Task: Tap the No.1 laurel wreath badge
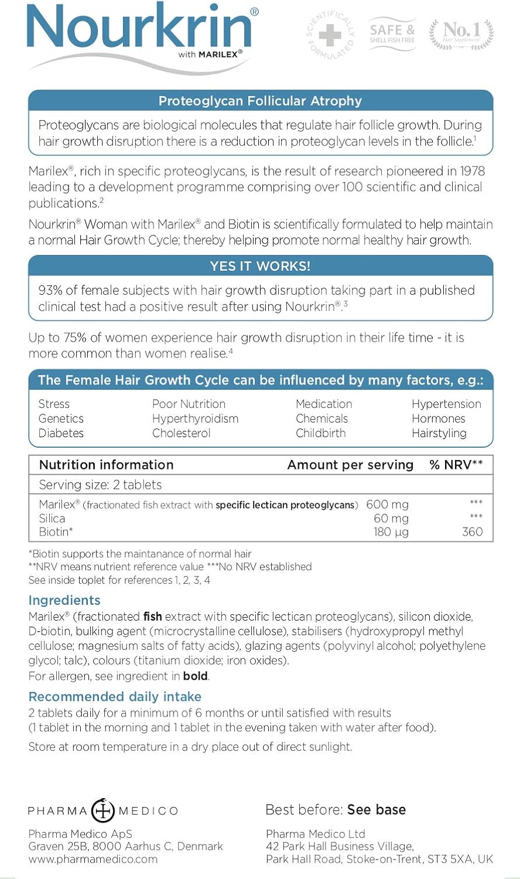(x=461, y=33)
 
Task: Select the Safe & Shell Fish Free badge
(x=392, y=34)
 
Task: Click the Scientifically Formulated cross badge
(x=330, y=36)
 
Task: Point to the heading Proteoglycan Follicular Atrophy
(x=260, y=101)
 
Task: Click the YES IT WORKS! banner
(x=260, y=266)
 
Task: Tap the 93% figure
(x=51, y=290)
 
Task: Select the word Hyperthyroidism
(x=195, y=418)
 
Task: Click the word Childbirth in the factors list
(x=320, y=433)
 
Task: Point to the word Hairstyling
(x=439, y=433)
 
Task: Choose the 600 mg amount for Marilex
(x=387, y=505)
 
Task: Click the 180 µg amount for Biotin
(x=391, y=532)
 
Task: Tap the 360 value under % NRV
(x=472, y=532)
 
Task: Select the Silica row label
(x=52, y=518)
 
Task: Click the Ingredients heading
(x=64, y=600)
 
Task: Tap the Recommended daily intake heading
(x=115, y=697)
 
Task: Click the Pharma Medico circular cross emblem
(x=103, y=810)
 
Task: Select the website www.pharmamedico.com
(x=93, y=859)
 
